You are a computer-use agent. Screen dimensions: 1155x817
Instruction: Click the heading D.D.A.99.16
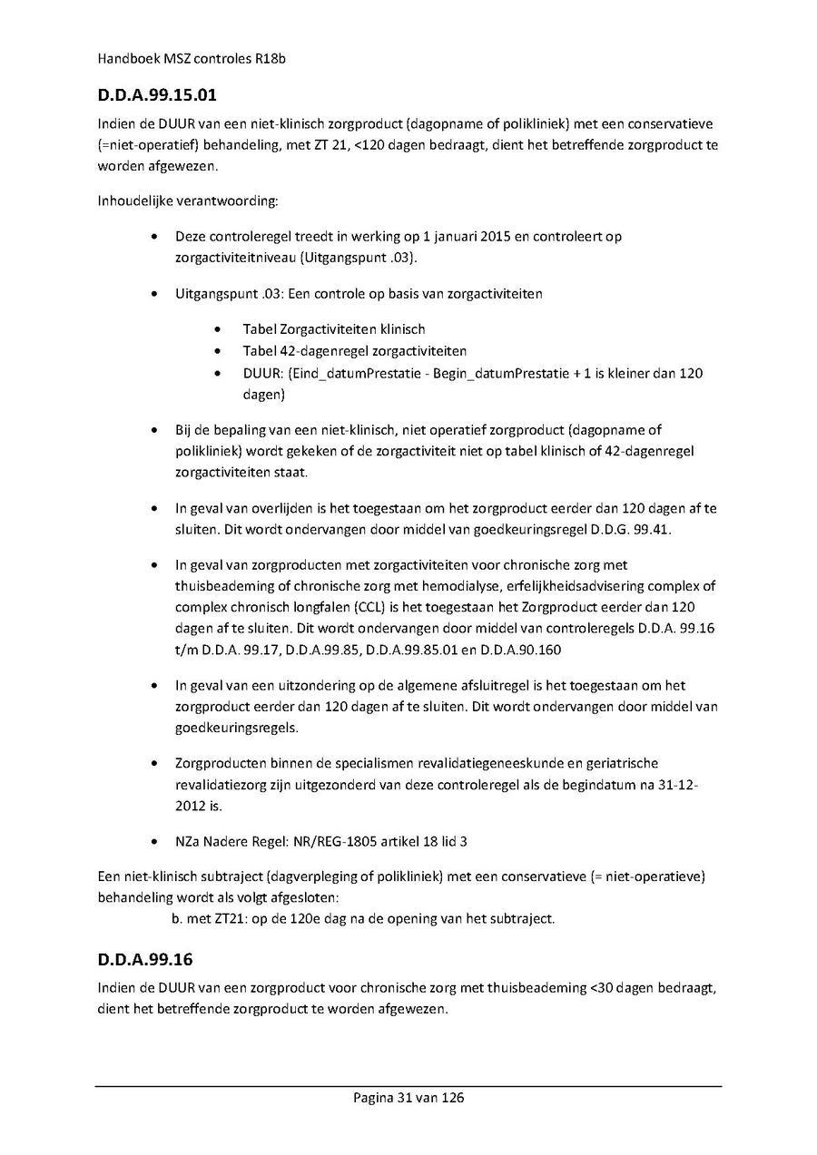144,960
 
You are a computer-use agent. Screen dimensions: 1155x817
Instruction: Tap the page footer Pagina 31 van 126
408,1098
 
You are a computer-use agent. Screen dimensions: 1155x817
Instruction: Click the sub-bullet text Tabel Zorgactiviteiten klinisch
333,329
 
